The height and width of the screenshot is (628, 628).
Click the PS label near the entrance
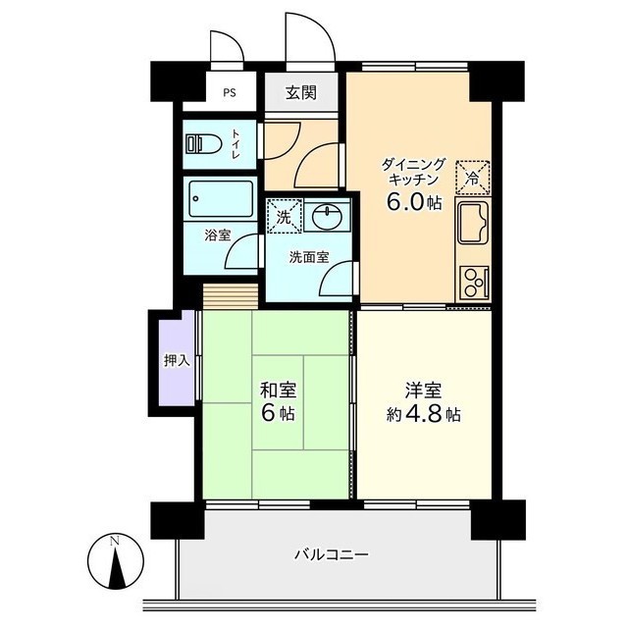coord(229,94)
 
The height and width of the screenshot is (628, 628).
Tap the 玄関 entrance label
coord(300,94)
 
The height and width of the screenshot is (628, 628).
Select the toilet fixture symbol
coord(202,143)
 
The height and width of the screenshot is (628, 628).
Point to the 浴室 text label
coord(217,235)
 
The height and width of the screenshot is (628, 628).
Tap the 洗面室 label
coord(308,258)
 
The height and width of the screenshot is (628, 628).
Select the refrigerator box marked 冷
coord(472,178)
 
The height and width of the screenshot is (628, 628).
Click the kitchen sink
coord(475,229)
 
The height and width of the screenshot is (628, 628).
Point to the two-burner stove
coord(475,283)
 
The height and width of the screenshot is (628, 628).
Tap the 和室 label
coord(278,390)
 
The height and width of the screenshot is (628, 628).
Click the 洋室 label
coord(424,389)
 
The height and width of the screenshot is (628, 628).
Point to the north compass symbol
coord(115,561)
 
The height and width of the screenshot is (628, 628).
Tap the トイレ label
coord(235,144)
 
